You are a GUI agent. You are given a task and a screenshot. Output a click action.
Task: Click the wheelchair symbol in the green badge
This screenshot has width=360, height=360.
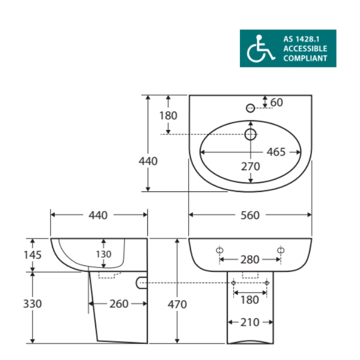[261, 48]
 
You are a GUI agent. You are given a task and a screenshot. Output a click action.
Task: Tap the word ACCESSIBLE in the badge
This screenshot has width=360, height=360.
[305, 49]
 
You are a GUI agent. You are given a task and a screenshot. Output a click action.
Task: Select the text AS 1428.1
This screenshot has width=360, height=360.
[301, 39]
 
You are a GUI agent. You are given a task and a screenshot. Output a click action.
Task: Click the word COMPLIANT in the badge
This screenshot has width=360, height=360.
[305, 58]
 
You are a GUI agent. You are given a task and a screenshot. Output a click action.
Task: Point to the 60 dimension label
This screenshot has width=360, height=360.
[277, 102]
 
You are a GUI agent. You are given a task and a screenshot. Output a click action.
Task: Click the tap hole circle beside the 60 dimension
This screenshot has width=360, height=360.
[250, 108]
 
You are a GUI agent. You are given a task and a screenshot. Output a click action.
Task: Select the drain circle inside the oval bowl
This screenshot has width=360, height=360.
[250, 134]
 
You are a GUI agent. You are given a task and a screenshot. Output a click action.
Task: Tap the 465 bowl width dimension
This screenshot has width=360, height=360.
[276, 152]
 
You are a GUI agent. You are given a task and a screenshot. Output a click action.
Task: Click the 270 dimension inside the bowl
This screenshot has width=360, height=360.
[251, 166]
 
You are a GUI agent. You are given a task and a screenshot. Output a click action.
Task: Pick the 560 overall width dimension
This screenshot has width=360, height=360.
[250, 215]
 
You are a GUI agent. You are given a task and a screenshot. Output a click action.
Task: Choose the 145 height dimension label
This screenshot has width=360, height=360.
[33, 255]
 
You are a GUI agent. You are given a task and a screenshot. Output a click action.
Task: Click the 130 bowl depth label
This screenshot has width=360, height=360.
[103, 254]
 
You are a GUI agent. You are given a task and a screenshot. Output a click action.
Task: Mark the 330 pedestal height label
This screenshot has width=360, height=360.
[33, 304]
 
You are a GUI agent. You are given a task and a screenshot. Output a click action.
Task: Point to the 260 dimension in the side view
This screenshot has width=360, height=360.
[119, 304]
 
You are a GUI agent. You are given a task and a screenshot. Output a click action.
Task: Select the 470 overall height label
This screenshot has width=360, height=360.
[177, 305]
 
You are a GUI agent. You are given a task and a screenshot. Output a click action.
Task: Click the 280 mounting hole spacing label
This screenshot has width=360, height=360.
[250, 260]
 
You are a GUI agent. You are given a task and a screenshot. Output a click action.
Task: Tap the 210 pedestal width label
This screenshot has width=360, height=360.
[250, 322]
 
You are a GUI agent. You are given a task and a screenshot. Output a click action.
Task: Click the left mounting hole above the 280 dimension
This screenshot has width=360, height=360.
[220, 250]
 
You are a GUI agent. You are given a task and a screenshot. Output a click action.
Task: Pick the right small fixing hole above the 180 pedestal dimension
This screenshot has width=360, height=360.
[267, 283]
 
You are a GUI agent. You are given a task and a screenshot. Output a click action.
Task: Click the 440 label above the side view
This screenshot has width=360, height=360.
[98, 215]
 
